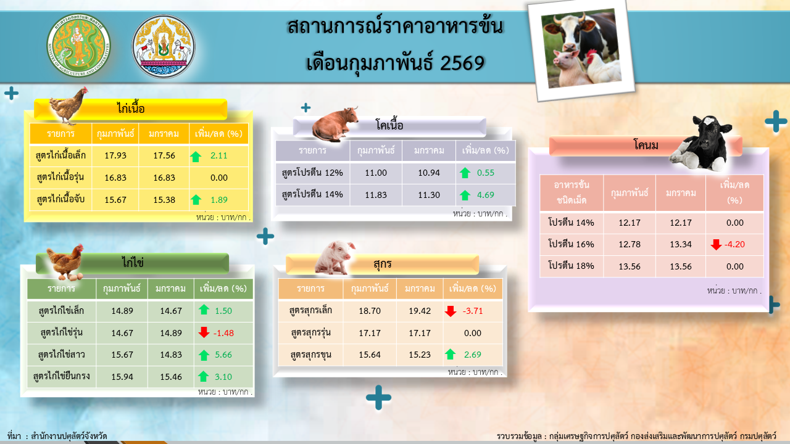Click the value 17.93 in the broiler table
(115, 155)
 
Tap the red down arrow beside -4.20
(716, 244)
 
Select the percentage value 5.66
(223, 355)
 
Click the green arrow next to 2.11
(196, 156)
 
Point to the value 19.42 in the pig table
(420, 311)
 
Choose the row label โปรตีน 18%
(571, 266)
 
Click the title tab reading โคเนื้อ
(389, 126)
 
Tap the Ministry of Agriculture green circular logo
(78, 46)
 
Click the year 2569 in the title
(462, 63)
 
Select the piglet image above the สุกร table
(334, 258)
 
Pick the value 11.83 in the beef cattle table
(376, 195)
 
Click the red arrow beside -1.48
(204, 332)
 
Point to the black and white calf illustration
(700, 144)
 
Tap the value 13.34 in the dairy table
(681, 244)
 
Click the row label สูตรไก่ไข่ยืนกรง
(61, 376)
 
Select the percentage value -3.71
(472, 311)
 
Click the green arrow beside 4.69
(465, 195)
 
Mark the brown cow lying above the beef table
(335, 124)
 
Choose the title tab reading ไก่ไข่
(132, 263)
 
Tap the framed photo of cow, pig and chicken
(581, 51)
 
